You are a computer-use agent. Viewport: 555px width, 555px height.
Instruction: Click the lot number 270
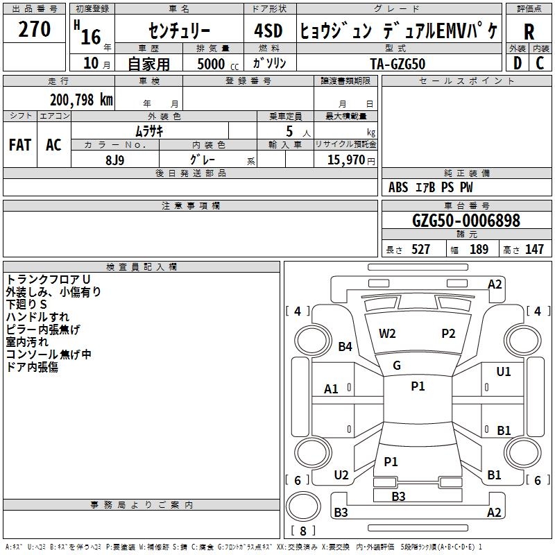pos(34,29)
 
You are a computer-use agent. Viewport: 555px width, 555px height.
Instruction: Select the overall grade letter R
pos(529,32)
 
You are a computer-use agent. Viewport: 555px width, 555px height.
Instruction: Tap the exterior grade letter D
pos(517,63)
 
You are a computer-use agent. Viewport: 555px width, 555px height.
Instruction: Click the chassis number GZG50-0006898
pos(466,221)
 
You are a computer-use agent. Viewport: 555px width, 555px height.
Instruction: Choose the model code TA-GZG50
pos(398,63)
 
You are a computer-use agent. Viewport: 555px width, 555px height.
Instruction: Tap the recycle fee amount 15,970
pos(345,160)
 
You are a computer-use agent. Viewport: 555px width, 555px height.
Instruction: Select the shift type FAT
pos(19,145)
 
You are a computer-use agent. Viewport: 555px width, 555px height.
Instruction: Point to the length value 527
pos(420,250)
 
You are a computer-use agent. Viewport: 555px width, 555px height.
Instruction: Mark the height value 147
pos(534,250)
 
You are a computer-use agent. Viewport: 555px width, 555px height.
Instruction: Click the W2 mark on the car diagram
pos(387,333)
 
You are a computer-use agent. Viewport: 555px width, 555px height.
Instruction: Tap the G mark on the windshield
pos(397,365)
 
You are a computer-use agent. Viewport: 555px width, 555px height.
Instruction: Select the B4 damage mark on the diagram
pos(345,346)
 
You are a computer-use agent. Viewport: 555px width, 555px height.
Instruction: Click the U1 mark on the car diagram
pos(504,372)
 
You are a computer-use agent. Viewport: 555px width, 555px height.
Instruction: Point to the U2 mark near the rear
pos(341,475)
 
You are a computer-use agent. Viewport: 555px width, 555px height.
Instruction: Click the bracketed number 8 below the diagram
pos(302,531)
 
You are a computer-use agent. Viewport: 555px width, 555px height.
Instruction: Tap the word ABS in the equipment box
pos(398,187)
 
